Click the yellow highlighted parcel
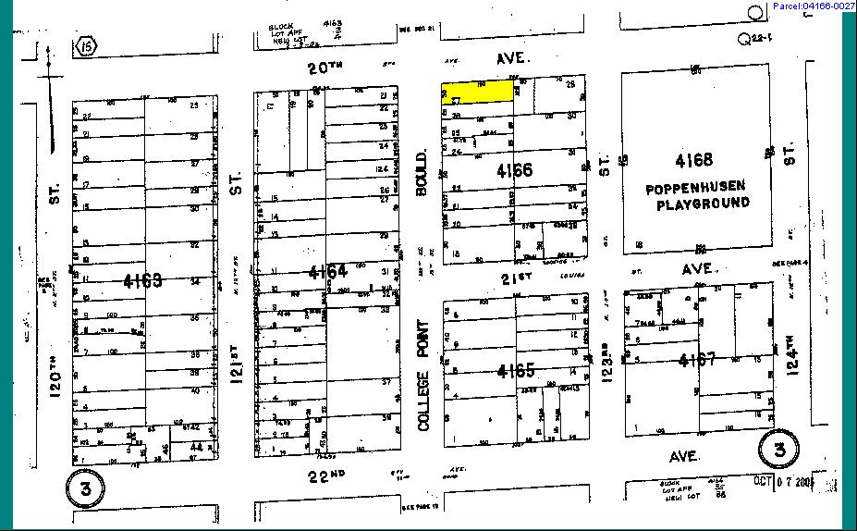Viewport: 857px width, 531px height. (x=478, y=92)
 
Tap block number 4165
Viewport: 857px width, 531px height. (x=515, y=371)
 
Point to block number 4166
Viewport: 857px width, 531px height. (x=515, y=170)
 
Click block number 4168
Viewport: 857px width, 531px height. (x=694, y=159)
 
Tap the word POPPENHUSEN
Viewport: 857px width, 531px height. (x=698, y=188)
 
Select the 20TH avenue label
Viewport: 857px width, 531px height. (x=329, y=68)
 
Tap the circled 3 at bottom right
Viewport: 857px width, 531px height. (x=778, y=451)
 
